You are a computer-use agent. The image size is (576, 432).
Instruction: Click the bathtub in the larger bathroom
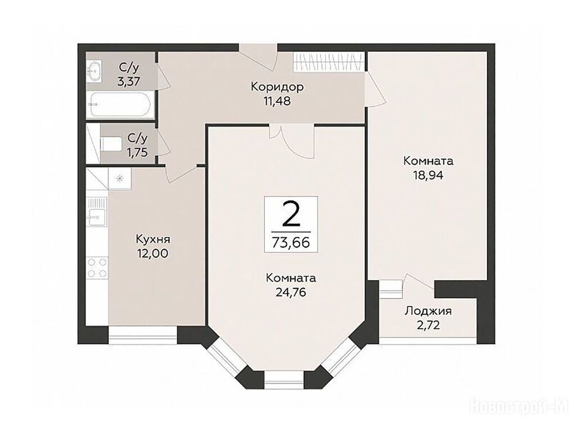(120, 104)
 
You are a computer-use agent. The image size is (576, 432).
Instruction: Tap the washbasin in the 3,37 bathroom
(94, 71)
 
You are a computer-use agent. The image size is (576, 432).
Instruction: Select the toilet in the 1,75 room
(111, 143)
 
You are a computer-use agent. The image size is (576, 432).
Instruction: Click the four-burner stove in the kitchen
(97, 267)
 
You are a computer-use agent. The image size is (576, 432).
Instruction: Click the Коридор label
(277, 87)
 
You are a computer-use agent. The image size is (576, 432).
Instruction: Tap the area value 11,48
(277, 101)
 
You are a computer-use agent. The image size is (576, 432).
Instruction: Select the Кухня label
(153, 240)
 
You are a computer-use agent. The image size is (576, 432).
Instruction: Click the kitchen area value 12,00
(153, 254)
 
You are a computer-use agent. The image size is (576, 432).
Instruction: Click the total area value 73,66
(291, 242)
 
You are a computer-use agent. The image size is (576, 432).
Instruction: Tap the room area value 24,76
(291, 292)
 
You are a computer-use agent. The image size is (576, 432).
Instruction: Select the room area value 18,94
(428, 175)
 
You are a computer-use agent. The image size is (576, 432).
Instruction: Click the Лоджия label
(428, 312)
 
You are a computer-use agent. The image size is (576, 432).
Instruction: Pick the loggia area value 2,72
(428, 325)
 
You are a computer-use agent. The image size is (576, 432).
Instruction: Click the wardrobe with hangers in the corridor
(329, 61)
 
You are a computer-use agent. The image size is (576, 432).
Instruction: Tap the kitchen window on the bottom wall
(143, 335)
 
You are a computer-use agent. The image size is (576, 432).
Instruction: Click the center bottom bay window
(284, 380)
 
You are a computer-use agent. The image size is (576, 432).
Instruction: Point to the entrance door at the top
(258, 56)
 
